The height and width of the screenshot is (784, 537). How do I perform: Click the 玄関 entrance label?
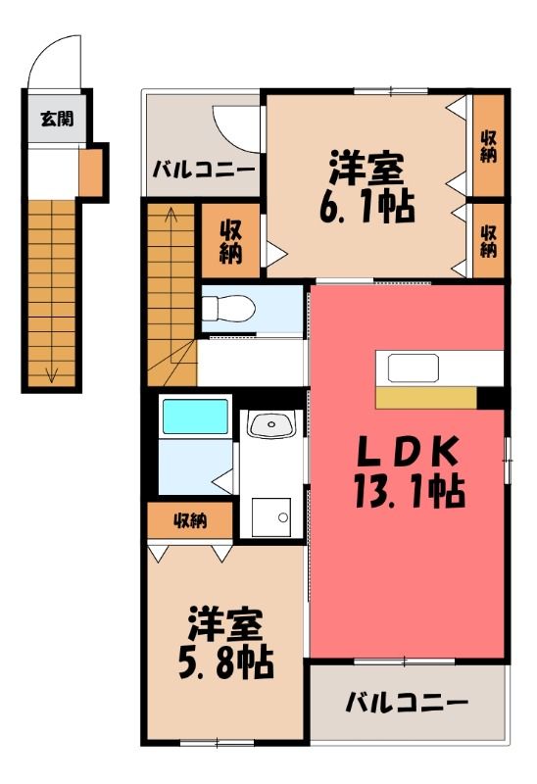pos(58,119)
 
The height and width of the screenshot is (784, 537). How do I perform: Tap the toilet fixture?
pos(228,308)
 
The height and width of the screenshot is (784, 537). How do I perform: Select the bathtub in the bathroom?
pos(195,416)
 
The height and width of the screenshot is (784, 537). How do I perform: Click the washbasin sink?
pos(271,425)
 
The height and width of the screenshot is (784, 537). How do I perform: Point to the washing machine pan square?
pos(271,517)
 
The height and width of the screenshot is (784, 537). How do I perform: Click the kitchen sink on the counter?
pos(414,368)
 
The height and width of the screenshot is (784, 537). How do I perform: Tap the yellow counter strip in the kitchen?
pos(426,398)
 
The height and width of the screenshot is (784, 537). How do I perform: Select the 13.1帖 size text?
pos(410,492)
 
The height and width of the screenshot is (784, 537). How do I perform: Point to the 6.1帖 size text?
pos(367,206)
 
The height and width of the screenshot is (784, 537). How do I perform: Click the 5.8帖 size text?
pos(226,662)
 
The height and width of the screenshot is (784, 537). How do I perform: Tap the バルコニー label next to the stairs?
pos(204,170)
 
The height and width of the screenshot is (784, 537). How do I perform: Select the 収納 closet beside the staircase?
pos(230,241)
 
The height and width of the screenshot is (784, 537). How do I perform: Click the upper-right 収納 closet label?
pos(489,146)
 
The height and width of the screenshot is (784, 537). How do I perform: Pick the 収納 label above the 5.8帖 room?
pos(190,521)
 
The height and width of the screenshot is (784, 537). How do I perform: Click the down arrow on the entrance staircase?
pos(52,374)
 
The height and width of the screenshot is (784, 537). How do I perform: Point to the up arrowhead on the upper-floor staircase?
pos(171,213)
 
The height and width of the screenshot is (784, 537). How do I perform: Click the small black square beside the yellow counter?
pos(490,398)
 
